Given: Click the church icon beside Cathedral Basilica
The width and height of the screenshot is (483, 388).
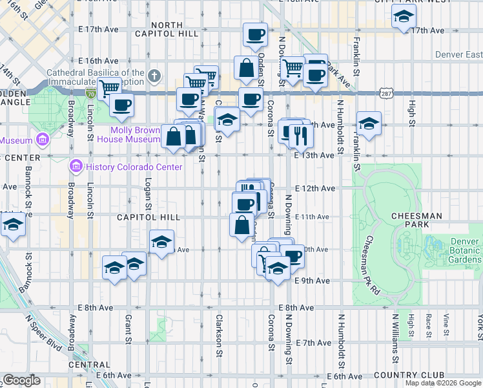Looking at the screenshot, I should tap(154, 76).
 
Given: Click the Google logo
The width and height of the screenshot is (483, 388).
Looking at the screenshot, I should tap(21, 380).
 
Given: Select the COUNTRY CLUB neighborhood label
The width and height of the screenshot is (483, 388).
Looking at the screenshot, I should tap(408, 375).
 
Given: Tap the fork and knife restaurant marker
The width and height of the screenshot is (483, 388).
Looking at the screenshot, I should tap(300, 136).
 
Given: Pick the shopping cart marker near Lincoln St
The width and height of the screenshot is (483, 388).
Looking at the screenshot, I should tap(109, 87).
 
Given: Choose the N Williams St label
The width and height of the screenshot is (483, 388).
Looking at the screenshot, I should tap(394, 338).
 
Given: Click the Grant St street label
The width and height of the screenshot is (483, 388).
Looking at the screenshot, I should tap(128, 329).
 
